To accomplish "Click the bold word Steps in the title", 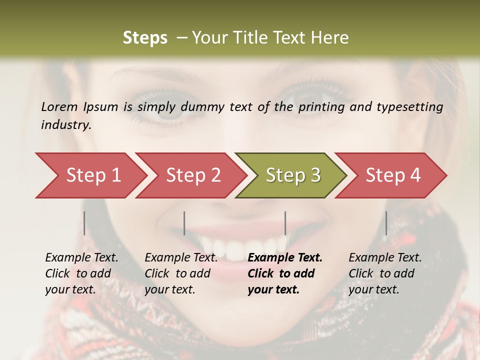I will (145, 38).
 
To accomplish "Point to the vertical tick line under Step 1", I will (84, 223).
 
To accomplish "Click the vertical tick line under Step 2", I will (184, 223).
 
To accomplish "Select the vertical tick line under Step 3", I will (285, 223).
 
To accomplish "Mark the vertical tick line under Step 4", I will (386, 223).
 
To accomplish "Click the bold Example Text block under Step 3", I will (284, 273).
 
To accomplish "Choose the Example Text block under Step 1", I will (81, 273).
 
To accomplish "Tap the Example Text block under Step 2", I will (181, 273).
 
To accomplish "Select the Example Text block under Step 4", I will (385, 273).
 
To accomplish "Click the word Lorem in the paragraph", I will (59, 106).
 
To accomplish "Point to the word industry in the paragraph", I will (65, 125).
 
